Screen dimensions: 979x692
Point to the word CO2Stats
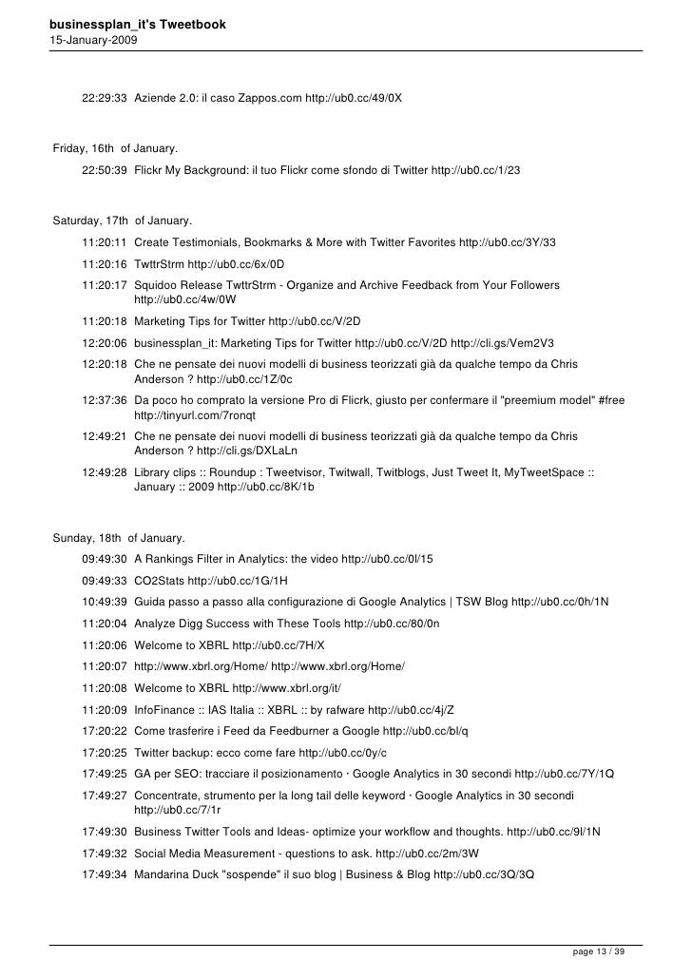pos(159,579)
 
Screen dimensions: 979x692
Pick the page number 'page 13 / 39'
pos(599,951)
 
